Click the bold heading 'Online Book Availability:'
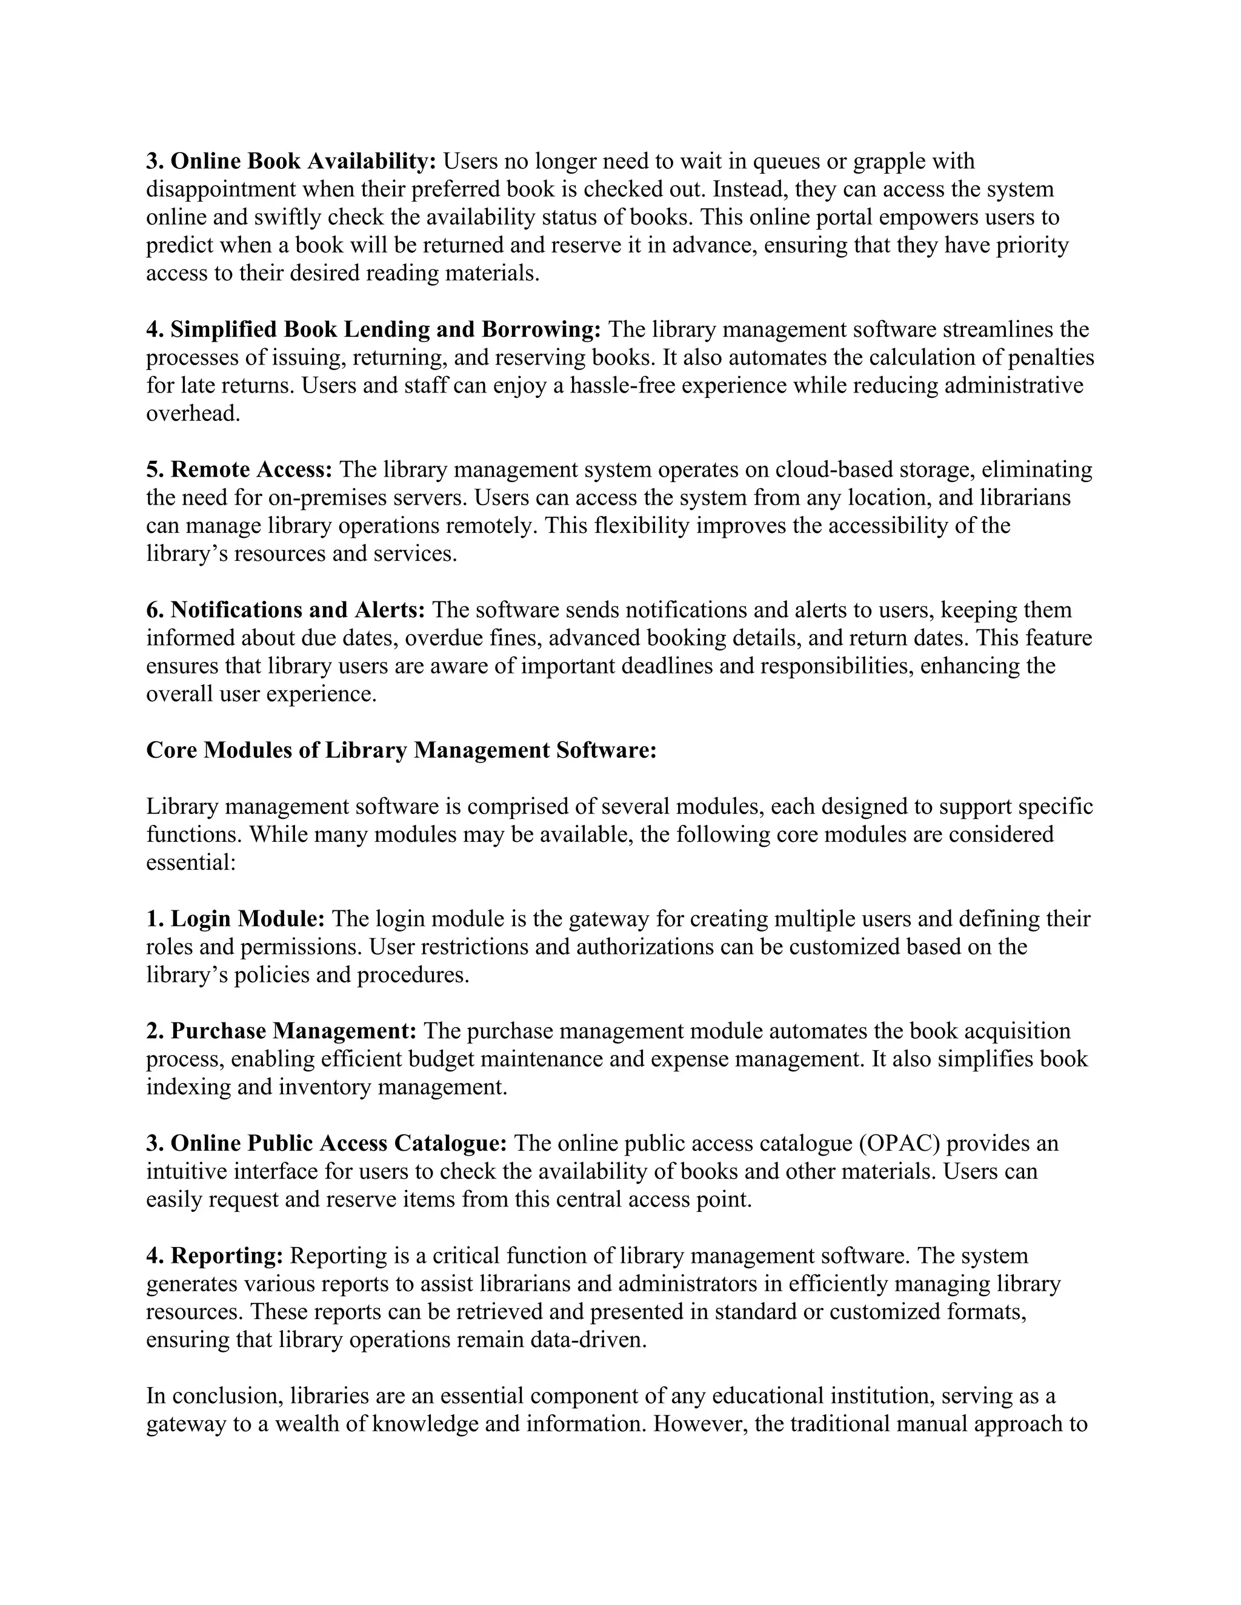click(x=304, y=161)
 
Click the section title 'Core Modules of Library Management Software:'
click(x=401, y=750)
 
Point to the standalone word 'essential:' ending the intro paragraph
click(x=190, y=862)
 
